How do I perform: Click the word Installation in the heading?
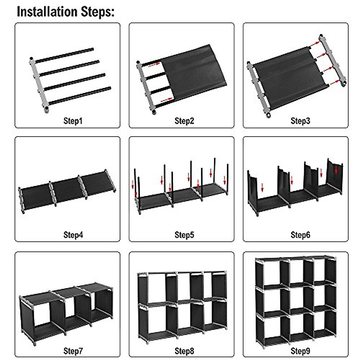click(47, 12)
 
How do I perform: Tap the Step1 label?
click(73, 121)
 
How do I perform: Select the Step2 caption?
click(184, 121)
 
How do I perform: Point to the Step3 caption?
click(300, 121)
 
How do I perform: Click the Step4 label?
click(73, 235)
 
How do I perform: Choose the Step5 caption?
click(184, 235)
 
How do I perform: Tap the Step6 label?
click(300, 235)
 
